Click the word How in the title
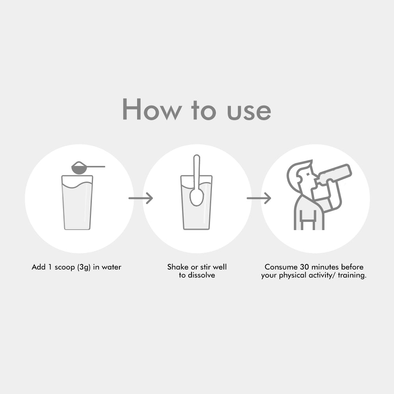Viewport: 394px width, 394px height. tap(152, 109)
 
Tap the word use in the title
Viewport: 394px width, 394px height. tap(249, 112)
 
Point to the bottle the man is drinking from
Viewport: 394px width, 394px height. tap(334, 173)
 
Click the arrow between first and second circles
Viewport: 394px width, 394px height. tap(141, 198)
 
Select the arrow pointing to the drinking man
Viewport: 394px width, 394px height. tap(259, 198)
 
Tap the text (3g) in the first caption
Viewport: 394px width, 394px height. tap(84, 267)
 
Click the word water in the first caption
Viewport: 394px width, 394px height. tap(112, 267)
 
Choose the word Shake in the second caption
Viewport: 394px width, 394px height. tap(178, 267)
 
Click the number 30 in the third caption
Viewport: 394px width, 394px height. tap(304, 267)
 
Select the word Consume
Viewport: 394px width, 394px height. tap(281, 267)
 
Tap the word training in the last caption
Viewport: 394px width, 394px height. tap(352, 275)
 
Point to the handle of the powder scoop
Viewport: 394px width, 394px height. tap(96, 167)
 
